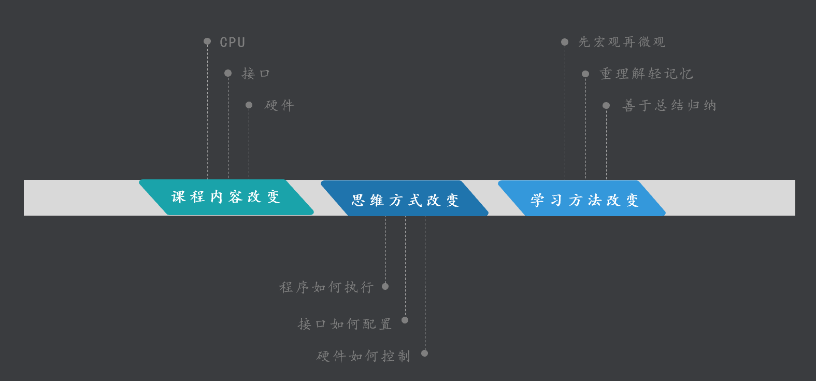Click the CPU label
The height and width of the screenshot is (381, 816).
[x=232, y=42]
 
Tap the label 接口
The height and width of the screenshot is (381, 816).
[x=255, y=74]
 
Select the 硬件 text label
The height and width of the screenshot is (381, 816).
[x=279, y=105]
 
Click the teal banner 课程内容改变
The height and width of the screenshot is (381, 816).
[x=226, y=197]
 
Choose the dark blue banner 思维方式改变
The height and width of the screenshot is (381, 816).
[x=405, y=200]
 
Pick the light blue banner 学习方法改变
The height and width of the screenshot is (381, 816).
[x=584, y=200]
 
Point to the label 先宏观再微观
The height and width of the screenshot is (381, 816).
[x=622, y=42]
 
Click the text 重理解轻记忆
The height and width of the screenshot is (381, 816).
[x=646, y=74]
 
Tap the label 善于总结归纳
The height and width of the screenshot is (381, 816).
[x=669, y=106]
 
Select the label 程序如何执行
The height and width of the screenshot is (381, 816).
[x=326, y=287]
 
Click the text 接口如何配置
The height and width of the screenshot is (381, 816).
[x=345, y=324]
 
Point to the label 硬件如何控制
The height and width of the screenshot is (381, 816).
[x=363, y=356]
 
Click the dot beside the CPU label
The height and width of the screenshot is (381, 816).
[x=207, y=41]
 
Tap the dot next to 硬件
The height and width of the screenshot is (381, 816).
[x=249, y=105]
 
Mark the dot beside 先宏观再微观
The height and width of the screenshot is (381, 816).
[x=565, y=42]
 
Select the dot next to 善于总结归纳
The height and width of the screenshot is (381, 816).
[x=606, y=106]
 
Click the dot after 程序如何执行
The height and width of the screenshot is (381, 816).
[x=385, y=286]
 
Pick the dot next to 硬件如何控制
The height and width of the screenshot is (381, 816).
[x=424, y=353]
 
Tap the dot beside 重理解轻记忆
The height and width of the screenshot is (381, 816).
[x=585, y=74]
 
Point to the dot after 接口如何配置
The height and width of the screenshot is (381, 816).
[x=405, y=320]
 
